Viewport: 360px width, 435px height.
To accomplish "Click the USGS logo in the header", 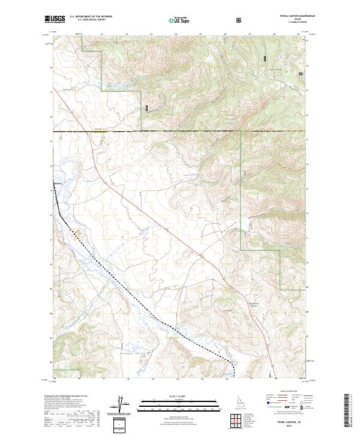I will [x=55, y=19].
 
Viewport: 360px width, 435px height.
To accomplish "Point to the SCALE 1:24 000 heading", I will [x=172, y=397].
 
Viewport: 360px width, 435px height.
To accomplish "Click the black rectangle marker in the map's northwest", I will [x=146, y=107].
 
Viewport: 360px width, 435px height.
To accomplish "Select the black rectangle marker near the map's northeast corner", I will [x=265, y=59].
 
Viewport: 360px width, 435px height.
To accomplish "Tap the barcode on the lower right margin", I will [x=348, y=411].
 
